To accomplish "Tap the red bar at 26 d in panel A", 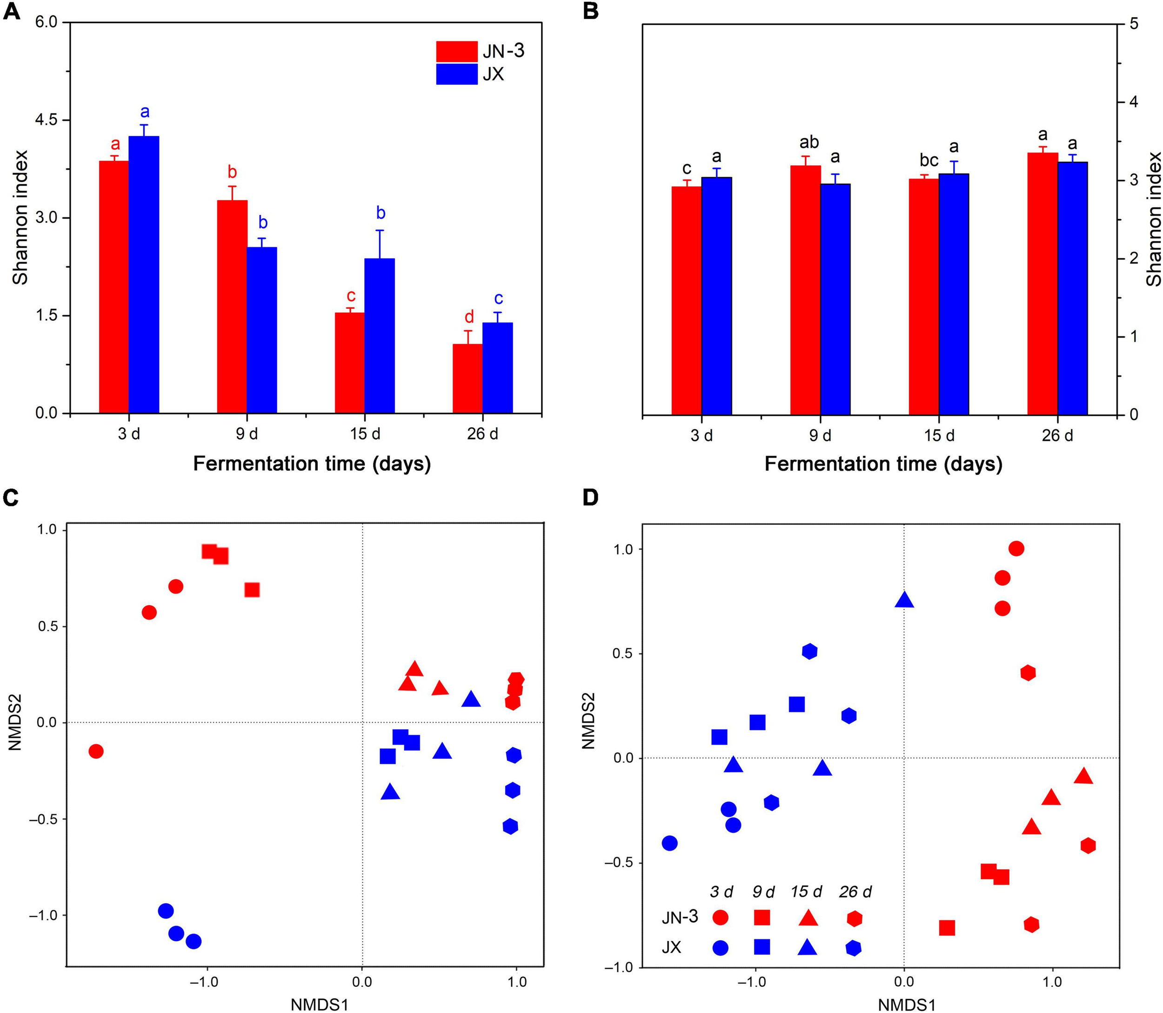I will [468, 378].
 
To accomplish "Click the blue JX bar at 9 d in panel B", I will [835, 300].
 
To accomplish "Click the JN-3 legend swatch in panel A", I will [457, 52].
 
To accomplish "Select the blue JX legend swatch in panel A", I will [457, 74].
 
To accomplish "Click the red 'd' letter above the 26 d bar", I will [469, 317].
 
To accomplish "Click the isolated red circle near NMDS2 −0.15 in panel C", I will [96, 751].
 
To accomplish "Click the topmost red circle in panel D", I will [1016, 548].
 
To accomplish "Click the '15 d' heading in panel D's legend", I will [806, 892].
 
